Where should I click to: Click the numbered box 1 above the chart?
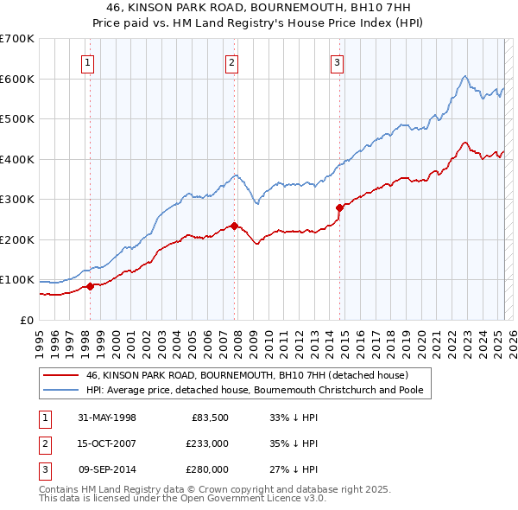89,61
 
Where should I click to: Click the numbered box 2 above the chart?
232,61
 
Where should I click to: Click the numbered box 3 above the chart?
338,61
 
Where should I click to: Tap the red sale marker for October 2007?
234,226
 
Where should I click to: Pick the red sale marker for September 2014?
339,207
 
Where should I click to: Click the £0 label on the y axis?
26,320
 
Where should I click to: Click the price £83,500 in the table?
207,418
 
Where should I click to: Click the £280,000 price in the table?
207,469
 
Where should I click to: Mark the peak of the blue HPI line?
464,76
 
